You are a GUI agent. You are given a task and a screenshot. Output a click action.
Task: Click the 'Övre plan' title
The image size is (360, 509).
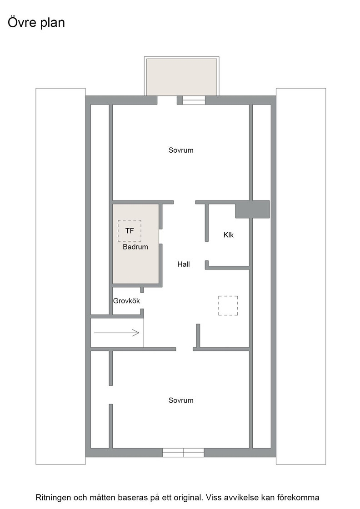[x=36, y=22]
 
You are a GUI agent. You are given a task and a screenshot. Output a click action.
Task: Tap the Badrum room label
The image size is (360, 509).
[x=135, y=247]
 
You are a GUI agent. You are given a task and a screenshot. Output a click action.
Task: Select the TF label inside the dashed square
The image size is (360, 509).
[x=130, y=231]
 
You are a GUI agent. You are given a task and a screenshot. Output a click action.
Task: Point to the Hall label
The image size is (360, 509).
[x=183, y=264]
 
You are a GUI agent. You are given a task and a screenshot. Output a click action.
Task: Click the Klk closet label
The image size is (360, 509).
[x=229, y=235]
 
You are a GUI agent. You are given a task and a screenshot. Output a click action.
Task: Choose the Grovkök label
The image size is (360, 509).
[x=126, y=300]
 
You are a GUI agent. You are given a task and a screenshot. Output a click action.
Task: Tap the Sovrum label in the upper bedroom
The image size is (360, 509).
[x=181, y=150]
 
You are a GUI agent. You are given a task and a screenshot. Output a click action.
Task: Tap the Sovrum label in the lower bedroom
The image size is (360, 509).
[x=181, y=400]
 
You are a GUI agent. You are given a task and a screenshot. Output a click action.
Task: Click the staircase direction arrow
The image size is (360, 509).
[x=117, y=333]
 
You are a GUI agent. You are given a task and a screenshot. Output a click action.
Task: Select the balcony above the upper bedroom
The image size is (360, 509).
[x=181, y=77]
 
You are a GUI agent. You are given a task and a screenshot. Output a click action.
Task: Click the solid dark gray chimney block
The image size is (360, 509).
[x=252, y=210]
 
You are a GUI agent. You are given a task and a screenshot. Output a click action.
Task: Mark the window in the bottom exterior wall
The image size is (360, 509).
[x=183, y=453]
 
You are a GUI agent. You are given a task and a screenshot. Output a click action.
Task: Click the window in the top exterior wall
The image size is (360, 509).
[x=194, y=100]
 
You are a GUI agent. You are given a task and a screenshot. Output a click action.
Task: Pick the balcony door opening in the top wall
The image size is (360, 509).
[x=167, y=100]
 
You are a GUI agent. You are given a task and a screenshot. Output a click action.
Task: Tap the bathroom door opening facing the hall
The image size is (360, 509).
[x=160, y=236]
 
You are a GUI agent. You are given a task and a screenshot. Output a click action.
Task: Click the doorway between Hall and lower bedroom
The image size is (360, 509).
[x=185, y=349]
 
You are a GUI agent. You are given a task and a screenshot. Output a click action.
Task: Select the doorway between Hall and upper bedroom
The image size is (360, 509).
[x=185, y=202]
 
